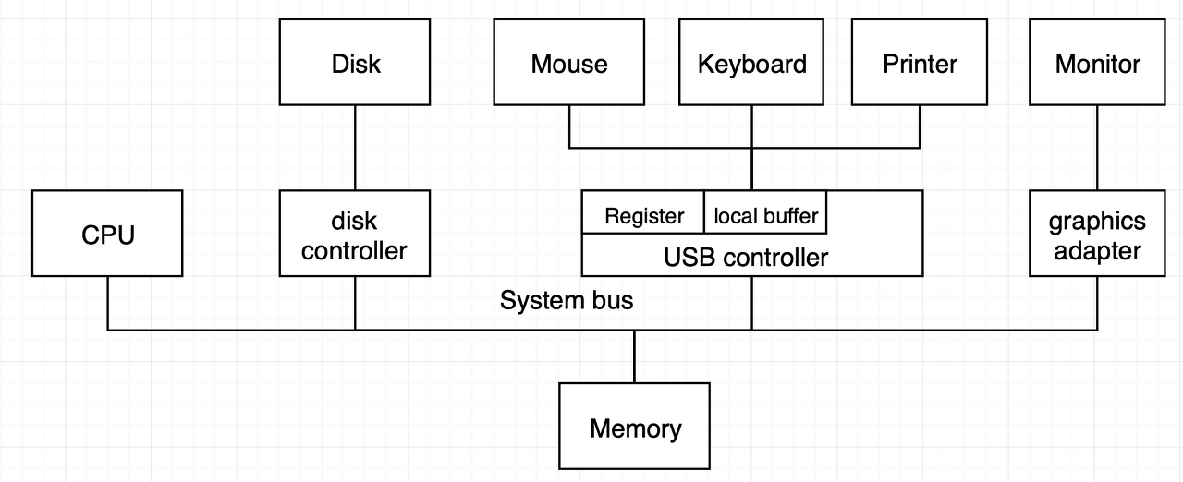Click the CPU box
click(107, 233)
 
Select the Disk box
click(355, 62)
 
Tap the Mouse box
click(568, 62)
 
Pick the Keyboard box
click(751, 62)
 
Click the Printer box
click(920, 62)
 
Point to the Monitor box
click(1097, 62)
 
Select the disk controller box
click(355, 233)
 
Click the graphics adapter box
click(1097, 233)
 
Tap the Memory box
click(634, 426)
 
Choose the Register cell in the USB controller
click(643, 212)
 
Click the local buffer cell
click(765, 212)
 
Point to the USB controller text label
click(746, 258)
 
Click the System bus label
click(567, 300)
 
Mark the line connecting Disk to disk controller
click(355, 148)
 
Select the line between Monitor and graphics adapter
click(1097, 148)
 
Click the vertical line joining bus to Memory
click(634, 356)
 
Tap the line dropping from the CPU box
click(108, 303)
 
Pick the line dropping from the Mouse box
click(569, 127)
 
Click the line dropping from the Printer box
click(920, 127)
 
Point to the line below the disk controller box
click(355, 303)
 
